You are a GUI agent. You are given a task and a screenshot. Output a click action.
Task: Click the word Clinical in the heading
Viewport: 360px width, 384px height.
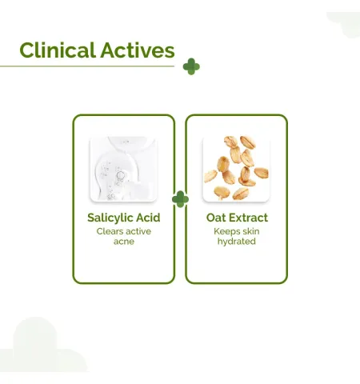[58, 50]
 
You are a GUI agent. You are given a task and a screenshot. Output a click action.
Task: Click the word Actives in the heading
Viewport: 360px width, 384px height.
[138, 50]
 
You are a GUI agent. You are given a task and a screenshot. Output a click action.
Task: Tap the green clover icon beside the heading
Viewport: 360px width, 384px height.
[191, 66]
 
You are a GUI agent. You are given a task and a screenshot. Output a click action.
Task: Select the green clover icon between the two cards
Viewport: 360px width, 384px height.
[180, 199]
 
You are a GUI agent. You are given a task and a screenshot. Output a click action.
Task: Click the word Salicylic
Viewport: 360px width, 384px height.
[110, 218]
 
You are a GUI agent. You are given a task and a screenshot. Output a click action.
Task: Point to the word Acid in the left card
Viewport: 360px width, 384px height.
[148, 218]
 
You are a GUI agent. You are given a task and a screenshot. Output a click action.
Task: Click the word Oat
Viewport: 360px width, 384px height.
[216, 218]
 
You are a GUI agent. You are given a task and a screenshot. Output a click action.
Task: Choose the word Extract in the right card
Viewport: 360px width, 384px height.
[248, 218]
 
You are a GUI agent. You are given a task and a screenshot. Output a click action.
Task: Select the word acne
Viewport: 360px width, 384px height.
[124, 242]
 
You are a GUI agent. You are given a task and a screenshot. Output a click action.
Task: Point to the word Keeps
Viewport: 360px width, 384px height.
[226, 231]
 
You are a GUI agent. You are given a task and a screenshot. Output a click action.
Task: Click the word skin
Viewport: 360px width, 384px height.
[250, 231]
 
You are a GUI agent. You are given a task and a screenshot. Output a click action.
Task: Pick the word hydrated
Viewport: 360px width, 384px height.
[237, 242]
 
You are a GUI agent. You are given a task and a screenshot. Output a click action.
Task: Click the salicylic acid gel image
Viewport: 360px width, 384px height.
[124, 169]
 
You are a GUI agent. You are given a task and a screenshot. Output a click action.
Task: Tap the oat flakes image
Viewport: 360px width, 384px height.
[236, 168]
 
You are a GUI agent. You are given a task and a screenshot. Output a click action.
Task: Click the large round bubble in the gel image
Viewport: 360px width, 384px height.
[121, 175]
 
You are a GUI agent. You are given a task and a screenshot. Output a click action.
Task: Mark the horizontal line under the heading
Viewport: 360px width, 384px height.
[87, 66]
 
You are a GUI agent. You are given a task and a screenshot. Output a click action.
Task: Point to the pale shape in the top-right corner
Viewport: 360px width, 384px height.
[345, 25]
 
